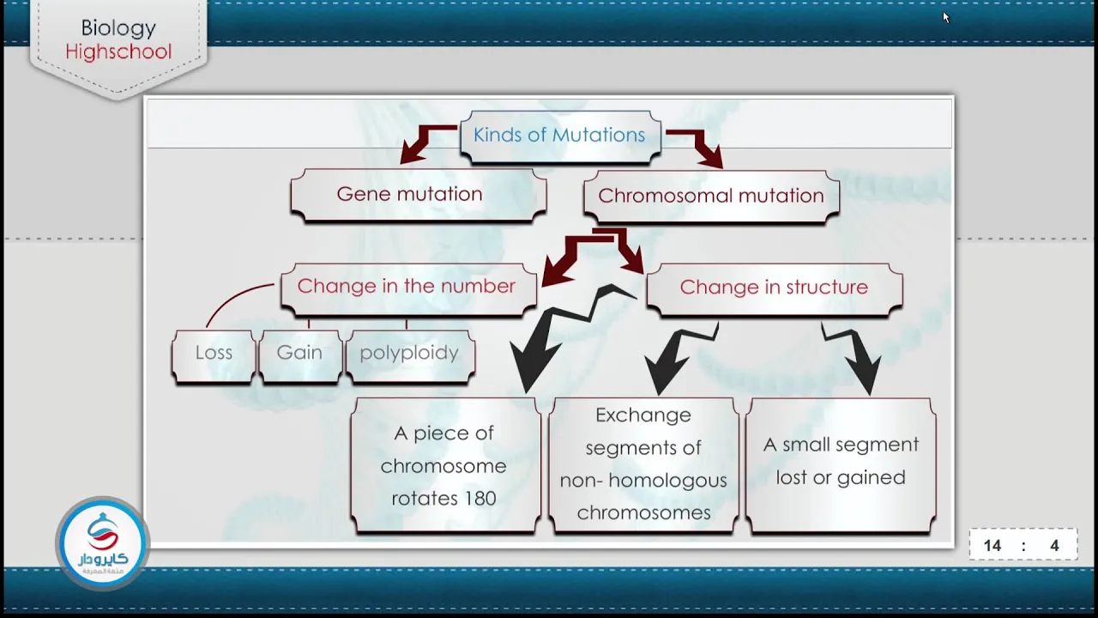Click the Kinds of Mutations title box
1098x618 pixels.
pyautogui.click(x=560, y=136)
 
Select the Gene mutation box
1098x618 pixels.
pyautogui.click(x=418, y=195)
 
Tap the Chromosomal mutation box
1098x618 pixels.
pyautogui.click(x=711, y=197)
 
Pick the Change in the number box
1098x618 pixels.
pyautogui.click(x=408, y=289)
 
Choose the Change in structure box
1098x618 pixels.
pyautogui.click(x=775, y=290)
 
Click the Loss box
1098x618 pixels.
pyautogui.click(x=214, y=356)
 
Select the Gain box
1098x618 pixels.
pyautogui.click(x=300, y=356)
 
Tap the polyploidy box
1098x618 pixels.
pyautogui.click(x=410, y=356)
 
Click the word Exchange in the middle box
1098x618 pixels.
pyautogui.click(x=643, y=416)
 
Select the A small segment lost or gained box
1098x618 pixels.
pyautogui.click(x=841, y=465)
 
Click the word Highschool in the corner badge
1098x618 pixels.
pyautogui.click(x=118, y=51)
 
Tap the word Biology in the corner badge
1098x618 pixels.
pyautogui.click(x=118, y=28)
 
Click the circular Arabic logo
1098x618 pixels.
pyautogui.click(x=102, y=543)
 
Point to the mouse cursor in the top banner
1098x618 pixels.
pyautogui.click(x=945, y=17)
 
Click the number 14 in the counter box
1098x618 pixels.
pyautogui.click(x=992, y=546)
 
